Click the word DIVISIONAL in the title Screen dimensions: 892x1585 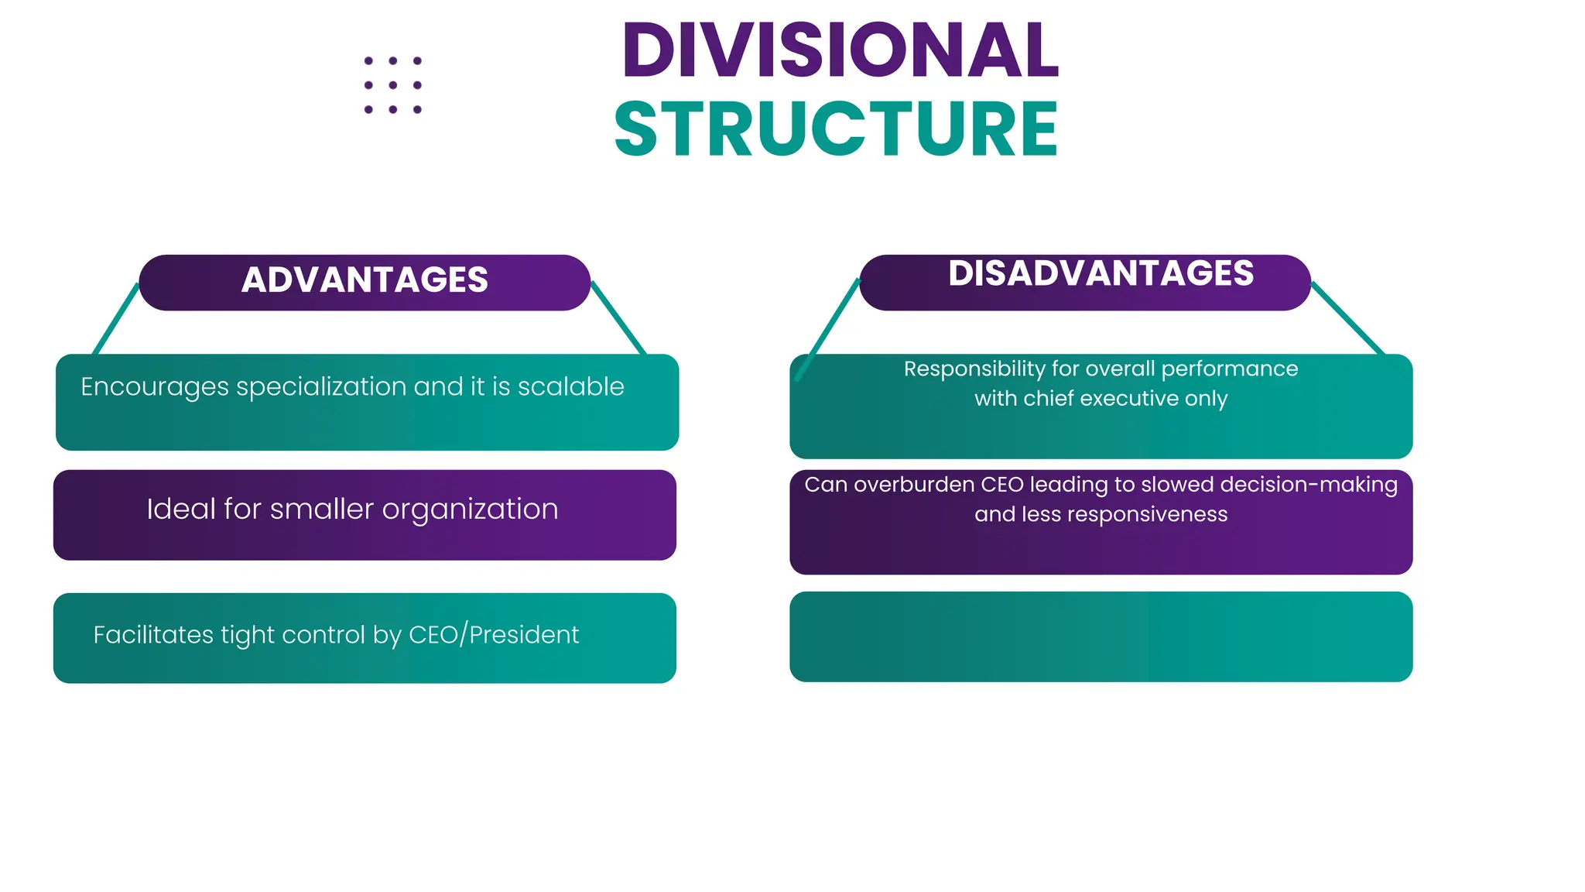pos(840,51)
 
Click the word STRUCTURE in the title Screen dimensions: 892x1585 pos(836,129)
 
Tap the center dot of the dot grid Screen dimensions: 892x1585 pos(393,85)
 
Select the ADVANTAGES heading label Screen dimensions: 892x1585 pos(365,280)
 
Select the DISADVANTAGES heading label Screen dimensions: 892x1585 pos(1101,273)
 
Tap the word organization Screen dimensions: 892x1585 pos(470,509)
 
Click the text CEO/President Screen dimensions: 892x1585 pos(493,635)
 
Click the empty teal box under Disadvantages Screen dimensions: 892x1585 pos(1101,636)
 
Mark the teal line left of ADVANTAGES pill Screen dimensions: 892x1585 pos(116,318)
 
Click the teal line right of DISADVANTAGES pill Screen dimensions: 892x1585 pos(1347,318)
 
